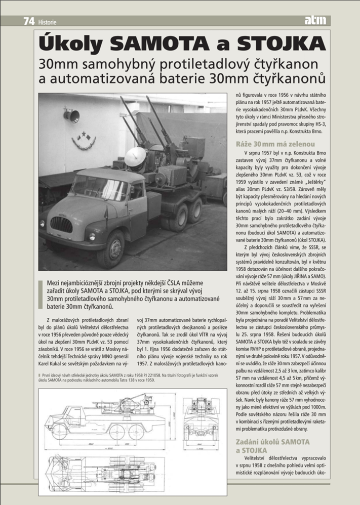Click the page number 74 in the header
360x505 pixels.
coord(28,21)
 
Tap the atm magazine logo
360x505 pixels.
coord(316,21)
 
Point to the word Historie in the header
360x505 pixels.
coord(47,22)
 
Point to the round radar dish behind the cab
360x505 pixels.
coord(135,158)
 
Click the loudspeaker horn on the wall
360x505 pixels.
coord(71,116)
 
